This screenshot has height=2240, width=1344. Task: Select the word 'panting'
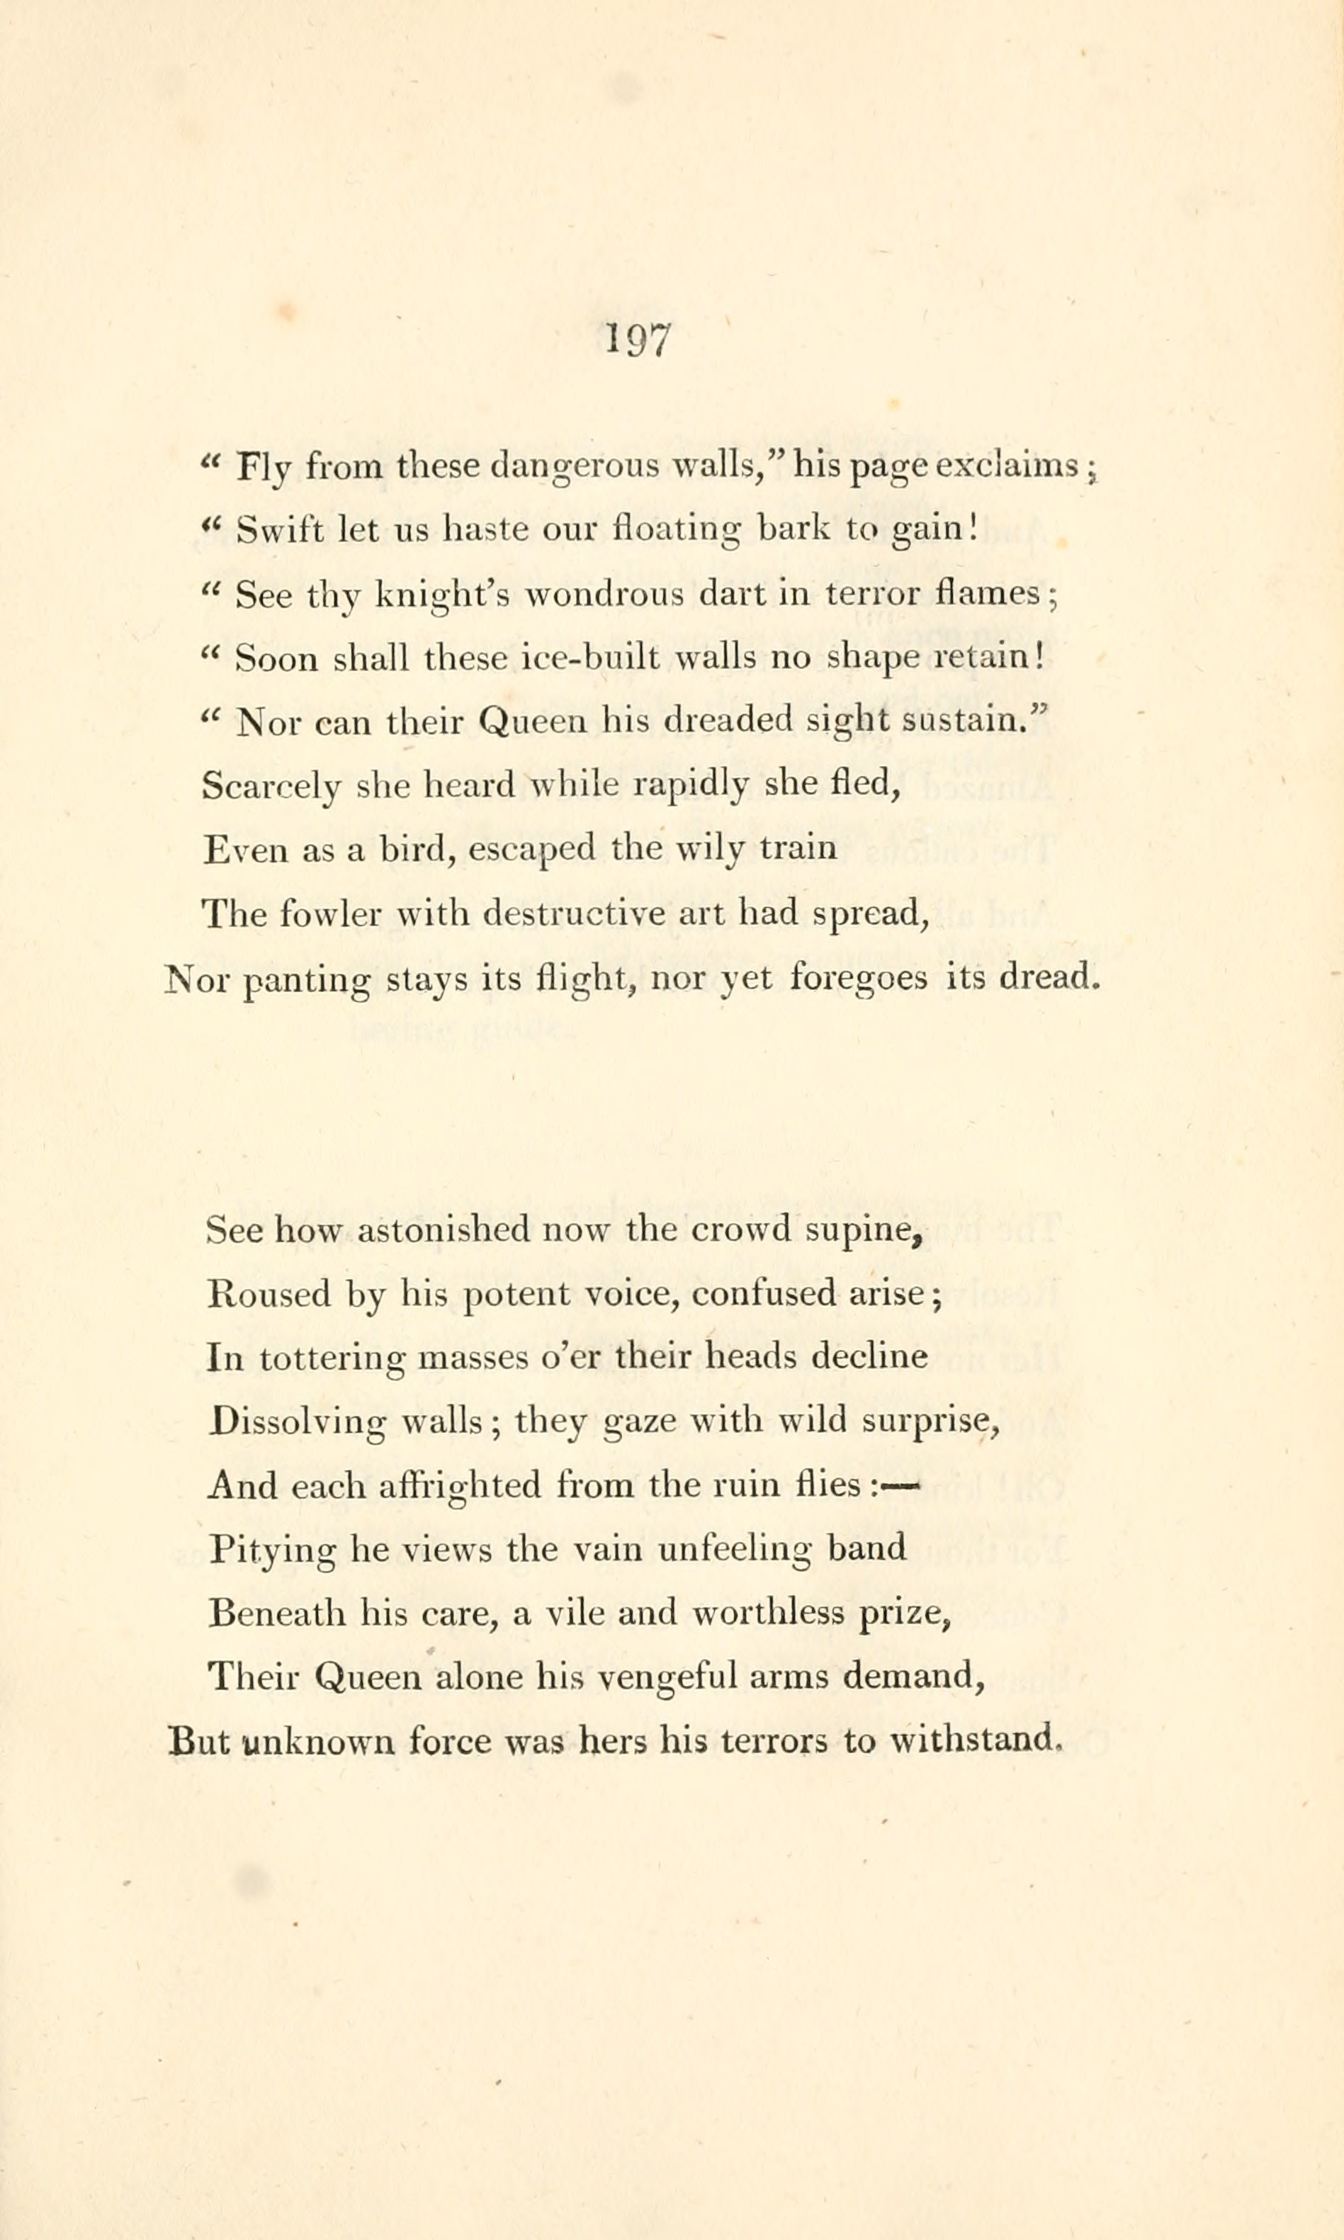click(308, 980)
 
